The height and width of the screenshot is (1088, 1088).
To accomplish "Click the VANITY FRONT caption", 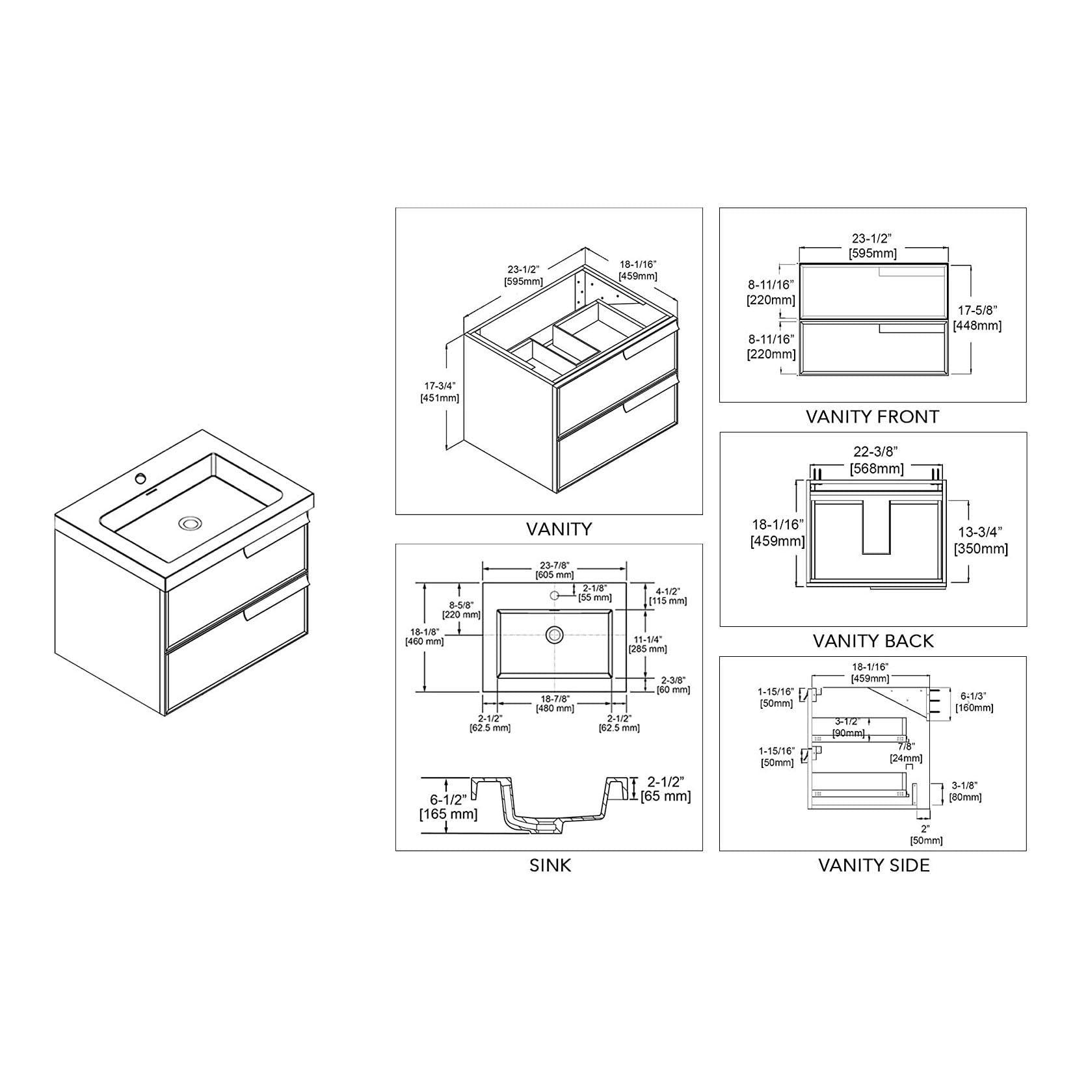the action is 872,417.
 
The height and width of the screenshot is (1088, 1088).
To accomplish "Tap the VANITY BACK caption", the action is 873,641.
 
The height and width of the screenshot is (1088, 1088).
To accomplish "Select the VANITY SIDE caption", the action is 873,866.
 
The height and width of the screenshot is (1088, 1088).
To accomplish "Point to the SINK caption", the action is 550,866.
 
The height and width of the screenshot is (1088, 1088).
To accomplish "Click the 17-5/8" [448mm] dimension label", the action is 977,318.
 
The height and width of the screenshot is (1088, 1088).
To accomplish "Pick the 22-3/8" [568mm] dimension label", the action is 877,460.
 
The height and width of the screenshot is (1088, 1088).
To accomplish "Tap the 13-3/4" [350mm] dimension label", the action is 981,541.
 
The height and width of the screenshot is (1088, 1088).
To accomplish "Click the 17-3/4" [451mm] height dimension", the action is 440,392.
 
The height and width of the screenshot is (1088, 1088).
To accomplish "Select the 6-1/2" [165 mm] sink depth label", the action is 449,806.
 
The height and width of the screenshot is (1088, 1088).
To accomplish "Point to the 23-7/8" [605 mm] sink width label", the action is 554,570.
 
